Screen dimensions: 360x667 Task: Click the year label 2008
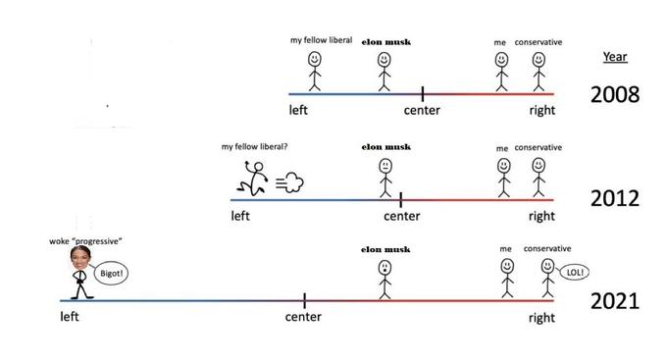coord(614,95)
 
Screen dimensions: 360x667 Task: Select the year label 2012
coord(614,198)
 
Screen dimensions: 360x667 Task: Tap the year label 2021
coord(614,300)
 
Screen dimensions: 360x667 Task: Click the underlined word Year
coord(615,57)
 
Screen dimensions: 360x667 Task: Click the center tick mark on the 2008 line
coord(423,93)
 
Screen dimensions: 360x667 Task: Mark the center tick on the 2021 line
coord(304,299)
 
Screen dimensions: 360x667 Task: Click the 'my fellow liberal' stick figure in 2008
coord(315,71)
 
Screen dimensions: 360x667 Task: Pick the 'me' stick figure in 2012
coord(503,178)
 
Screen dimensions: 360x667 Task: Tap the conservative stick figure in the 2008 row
coord(539,72)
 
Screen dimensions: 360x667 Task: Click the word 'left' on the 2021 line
coord(70,317)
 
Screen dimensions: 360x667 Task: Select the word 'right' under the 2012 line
coord(541,215)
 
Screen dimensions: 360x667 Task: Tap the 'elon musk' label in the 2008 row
coord(385,41)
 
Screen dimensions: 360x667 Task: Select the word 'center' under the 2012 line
coord(402,215)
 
